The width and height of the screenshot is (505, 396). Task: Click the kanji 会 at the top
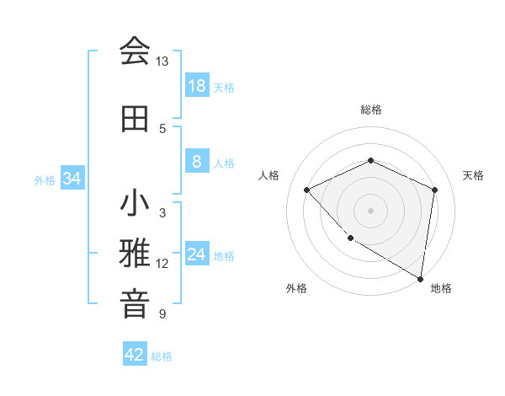click(135, 51)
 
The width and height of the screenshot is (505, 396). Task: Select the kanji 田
click(135, 119)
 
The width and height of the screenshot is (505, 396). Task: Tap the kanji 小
click(135, 204)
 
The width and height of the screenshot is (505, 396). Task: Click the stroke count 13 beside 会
click(162, 62)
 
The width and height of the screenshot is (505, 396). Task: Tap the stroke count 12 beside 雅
click(162, 264)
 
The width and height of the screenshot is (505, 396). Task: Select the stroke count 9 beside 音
click(162, 314)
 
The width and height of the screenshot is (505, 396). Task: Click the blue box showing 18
click(196, 86)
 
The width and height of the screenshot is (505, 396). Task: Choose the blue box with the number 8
click(196, 162)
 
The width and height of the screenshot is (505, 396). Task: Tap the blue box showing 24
click(196, 254)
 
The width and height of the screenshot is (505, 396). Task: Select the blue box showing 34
click(72, 179)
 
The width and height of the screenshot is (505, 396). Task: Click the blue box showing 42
click(135, 355)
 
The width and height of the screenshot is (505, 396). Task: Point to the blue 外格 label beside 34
click(45, 179)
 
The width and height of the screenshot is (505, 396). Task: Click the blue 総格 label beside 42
click(162, 356)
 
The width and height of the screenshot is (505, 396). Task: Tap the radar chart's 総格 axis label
click(370, 110)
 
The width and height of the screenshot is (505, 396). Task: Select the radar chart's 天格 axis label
click(473, 175)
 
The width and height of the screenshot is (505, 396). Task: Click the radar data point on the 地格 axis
click(420, 278)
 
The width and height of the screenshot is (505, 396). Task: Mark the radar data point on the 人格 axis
click(307, 190)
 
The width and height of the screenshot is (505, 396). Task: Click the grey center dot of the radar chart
click(370, 210)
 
